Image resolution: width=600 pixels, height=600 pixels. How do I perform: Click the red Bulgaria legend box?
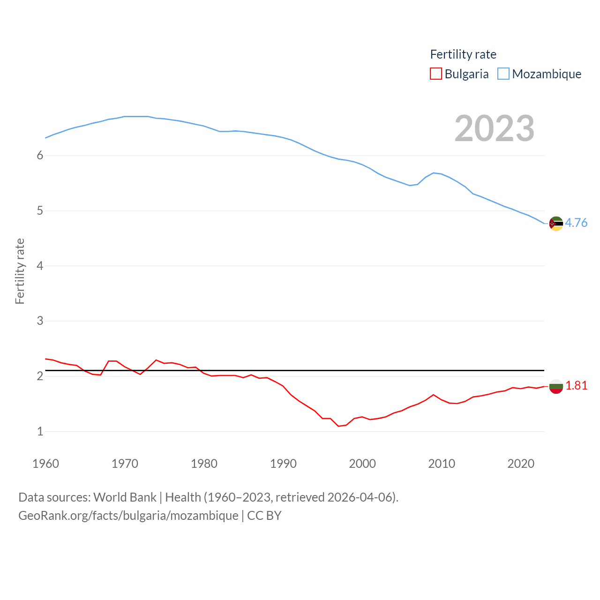[x=435, y=74]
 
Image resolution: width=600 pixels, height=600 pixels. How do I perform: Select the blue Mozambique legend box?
[x=503, y=74]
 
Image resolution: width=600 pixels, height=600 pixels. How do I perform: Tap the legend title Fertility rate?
[x=463, y=54]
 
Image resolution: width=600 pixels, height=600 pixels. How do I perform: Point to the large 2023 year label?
[x=495, y=128]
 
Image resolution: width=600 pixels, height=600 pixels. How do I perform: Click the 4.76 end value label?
[x=576, y=223]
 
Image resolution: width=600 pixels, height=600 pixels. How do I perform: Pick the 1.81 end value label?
[x=576, y=385]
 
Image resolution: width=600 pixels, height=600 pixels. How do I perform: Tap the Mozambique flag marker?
[x=556, y=224]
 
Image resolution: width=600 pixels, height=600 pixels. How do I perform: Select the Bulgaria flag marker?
[x=556, y=386]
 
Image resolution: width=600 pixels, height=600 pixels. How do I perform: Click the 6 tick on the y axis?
[x=40, y=156]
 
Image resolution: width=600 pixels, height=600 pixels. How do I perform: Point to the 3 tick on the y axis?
[x=40, y=321]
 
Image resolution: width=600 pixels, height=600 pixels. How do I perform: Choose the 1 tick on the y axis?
[x=40, y=432]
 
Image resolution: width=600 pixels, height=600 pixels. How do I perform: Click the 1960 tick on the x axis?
[x=45, y=464]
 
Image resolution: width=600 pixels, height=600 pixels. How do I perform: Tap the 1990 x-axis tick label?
[x=283, y=464]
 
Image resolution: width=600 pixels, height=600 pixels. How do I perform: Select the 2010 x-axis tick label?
[x=442, y=464]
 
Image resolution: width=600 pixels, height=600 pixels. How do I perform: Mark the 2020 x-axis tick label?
[x=521, y=464]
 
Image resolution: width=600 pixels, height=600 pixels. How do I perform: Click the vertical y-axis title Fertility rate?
[x=20, y=271]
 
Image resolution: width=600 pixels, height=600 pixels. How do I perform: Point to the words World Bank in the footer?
[x=125, y=497]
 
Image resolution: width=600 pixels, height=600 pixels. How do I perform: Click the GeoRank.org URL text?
[x=128, y=516]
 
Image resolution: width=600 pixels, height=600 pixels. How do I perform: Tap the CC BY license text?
[x=264, y=516]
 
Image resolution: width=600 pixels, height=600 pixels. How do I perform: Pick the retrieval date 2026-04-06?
[x=361, y=497]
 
